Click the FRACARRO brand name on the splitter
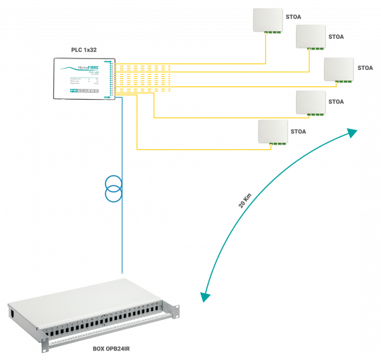pos(89,91)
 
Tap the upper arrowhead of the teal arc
pos(352,132)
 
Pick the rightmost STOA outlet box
pos(338,69)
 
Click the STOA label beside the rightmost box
pos(365,68)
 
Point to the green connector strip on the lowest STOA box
pos(277,143)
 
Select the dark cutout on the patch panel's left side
pos(11,313)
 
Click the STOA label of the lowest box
pos(298,131)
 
